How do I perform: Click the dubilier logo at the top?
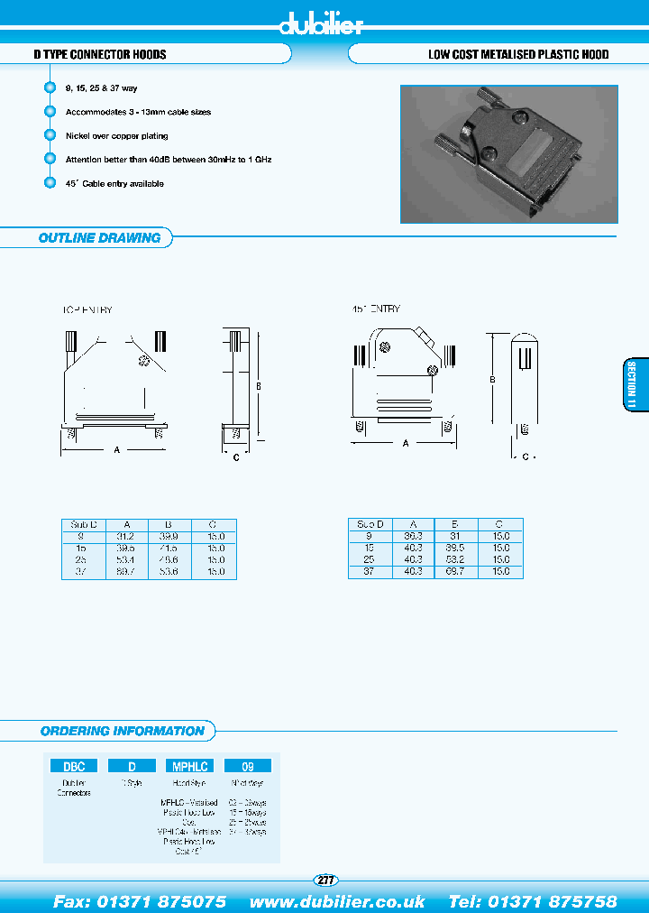(x=322, y=24)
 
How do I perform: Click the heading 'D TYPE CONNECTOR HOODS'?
(x=100, y=55)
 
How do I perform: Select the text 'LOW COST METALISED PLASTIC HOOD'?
(x=517, y=55)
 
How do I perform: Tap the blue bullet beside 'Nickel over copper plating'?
(x=50, y=135)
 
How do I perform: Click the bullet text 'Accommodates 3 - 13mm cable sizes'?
(x=138, y=112)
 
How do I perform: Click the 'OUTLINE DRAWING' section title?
(x=99, y=238)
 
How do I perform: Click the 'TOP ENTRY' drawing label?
(x=87, y=309)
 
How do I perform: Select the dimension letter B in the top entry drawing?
(x=258, y=387)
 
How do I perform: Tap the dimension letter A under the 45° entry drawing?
(x=406, y=443)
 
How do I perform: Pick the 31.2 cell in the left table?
(x=126, y=536)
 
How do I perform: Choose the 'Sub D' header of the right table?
(x=370, y=524)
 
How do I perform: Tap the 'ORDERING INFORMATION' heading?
(x=123, y=731)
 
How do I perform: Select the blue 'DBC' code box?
(x=73, y=766)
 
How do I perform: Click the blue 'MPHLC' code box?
(x=189, y=766)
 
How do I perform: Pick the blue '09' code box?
(x=247, y=766)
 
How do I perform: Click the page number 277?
(x=324, y=880)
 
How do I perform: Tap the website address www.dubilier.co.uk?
(x=337, y=901)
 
